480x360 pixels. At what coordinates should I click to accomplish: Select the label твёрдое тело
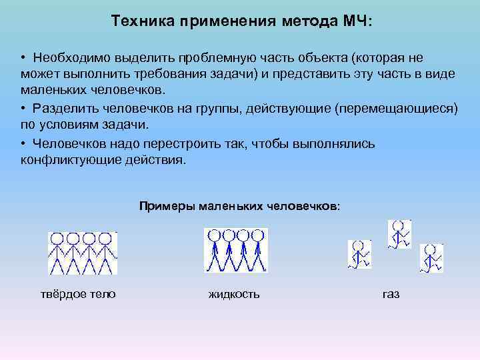[79, 294]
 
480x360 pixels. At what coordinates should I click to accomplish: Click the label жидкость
[234, 294]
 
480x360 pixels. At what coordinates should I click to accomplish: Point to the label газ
[391, 294]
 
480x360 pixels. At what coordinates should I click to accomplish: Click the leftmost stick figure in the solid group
[57, 253]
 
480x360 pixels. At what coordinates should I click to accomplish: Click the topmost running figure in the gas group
[399, 234]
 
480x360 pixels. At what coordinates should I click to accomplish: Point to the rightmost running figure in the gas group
[431, 258]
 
